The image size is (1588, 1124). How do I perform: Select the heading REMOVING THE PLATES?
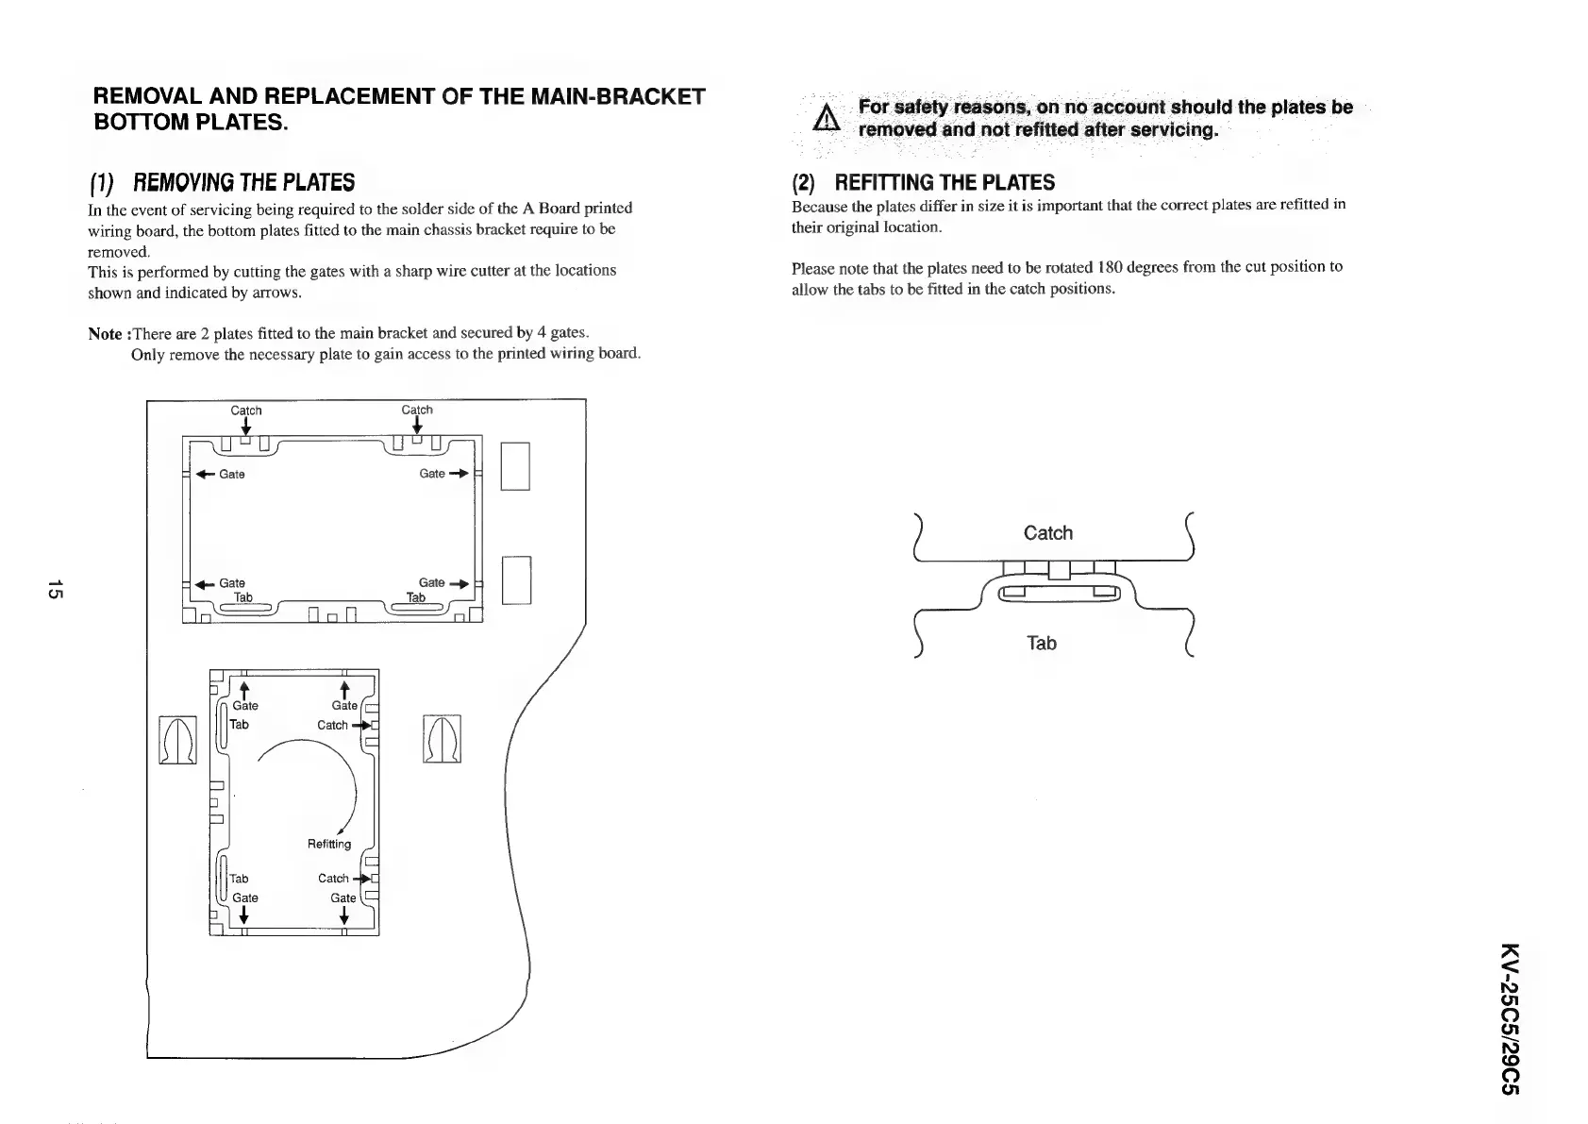click(242, 181)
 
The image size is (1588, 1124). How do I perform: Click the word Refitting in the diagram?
click(329, 844)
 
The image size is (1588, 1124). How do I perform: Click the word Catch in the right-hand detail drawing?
click(1047, 533)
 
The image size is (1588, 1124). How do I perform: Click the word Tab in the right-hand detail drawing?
click(1041, 644)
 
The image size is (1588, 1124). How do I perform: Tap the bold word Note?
click(105, 333)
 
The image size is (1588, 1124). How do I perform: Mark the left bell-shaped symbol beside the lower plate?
click(177, 740)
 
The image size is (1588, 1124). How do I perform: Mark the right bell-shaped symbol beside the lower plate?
click(443, 740)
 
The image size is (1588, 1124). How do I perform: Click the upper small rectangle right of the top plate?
click(515, 466)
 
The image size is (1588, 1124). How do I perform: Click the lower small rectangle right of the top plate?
click(517, 580)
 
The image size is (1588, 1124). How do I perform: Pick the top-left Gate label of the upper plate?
click(232, 474)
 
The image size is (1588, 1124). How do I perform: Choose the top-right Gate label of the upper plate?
click(431, 474)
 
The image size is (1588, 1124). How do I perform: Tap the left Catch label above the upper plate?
click(246, 411)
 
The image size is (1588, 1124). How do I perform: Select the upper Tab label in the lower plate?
click(240, 725)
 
